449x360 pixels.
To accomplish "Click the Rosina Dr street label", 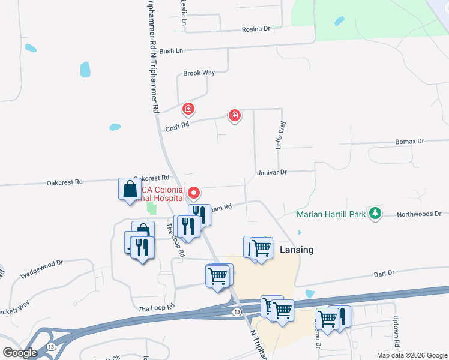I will click(x=256, y=28).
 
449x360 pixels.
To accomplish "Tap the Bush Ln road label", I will click(x=171, y=51).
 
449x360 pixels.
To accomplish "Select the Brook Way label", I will click(x=199, y=73).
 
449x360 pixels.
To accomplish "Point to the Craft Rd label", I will click(x=177, y=127).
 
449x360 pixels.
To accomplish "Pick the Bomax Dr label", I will click(x=409, y=141).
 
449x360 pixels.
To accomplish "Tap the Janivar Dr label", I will click(x=272, y=172).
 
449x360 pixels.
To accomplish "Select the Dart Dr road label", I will click(x=383, y=273).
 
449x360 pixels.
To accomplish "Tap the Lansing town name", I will click(x=297, y=250).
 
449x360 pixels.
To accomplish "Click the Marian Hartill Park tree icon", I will click(x=375, y=213).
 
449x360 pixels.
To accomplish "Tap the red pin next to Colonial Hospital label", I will click(x=194, y=193).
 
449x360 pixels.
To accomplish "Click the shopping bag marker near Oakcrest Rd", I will click(x=130, y=189).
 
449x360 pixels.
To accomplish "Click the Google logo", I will click(x=20, y=353).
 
